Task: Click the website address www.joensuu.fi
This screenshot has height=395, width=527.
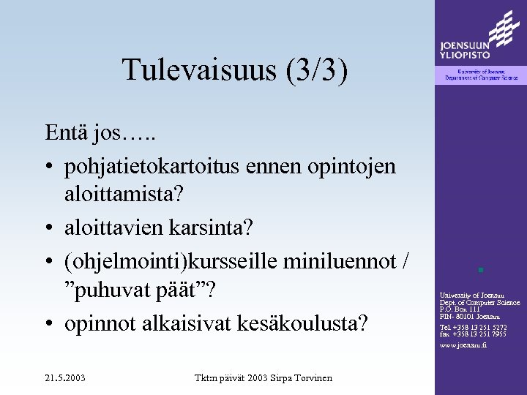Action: [x=463, y=345]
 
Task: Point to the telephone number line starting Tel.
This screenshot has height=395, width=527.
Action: [x=472, y=327]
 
